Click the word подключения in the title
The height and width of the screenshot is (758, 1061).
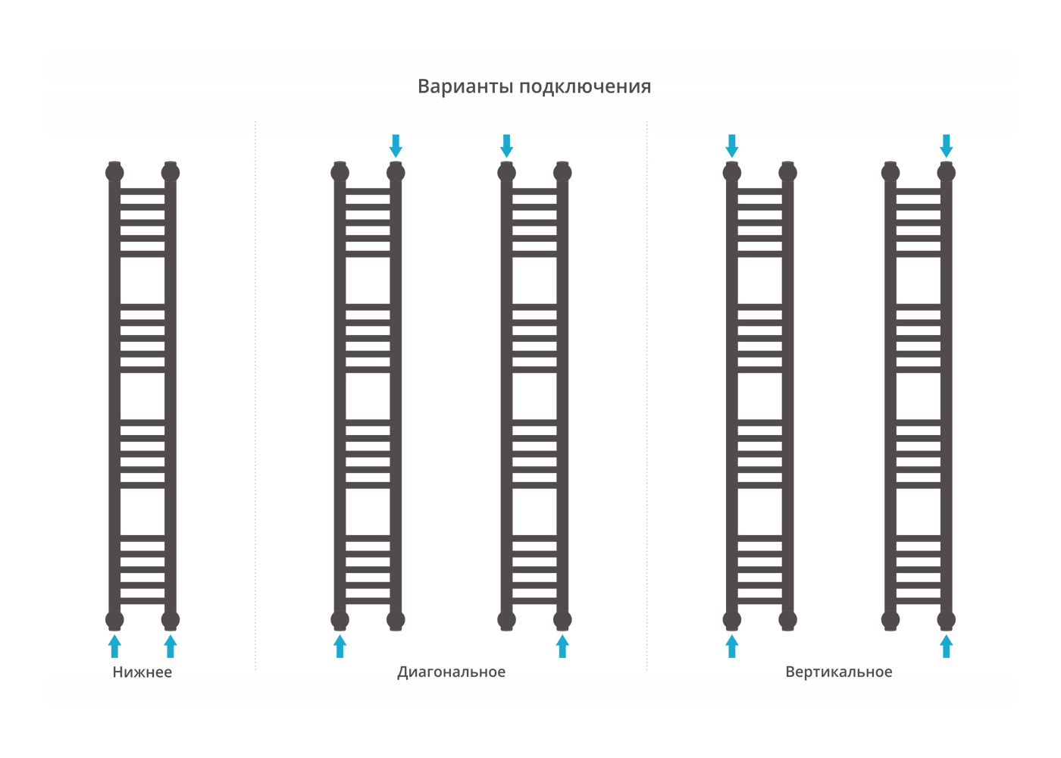[x=585, y=87]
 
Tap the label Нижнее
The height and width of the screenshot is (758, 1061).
[x=142, y=672]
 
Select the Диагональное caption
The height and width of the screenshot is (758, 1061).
[x=451, y=672]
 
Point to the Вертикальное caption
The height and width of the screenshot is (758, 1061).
[x=838, y=672]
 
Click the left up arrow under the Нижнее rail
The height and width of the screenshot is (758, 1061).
[x=114, y=647]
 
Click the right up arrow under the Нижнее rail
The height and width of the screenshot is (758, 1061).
[x=171, y=647]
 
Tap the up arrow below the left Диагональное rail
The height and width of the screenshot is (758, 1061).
[x=340, y=647]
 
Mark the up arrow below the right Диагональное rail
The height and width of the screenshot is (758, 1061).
[x=562, y=647]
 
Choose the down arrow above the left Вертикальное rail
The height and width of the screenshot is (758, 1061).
[x=732, y=146]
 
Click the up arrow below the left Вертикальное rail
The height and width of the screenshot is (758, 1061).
[x=732, y=647]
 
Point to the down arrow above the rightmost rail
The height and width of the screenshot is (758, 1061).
[x=947, y=146]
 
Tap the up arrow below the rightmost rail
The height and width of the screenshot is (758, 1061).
[x=947, y=647]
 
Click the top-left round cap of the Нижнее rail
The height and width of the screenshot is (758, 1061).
[x=114, y=173]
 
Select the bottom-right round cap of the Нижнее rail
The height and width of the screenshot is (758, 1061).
[x=171, y=620]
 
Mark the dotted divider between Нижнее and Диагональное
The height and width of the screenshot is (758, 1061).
[x=255, y=394]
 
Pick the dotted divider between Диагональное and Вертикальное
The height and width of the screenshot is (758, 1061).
[x=646, y=394]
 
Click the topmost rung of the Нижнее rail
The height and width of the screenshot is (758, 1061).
[x=142, y=191]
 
